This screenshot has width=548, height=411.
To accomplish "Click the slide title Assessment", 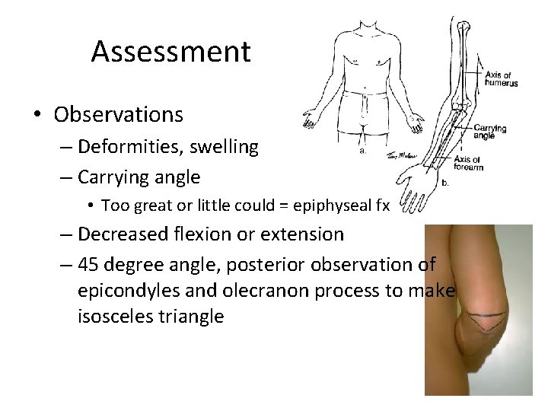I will (x=170, y=52).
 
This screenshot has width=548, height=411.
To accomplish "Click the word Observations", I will (x=118, y=114).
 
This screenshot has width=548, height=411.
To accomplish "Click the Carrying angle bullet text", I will (x=139, y=177).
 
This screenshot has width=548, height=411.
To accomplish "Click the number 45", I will (x=89, y=263).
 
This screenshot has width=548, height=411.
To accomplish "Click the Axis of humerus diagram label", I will (x=502, y=78).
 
